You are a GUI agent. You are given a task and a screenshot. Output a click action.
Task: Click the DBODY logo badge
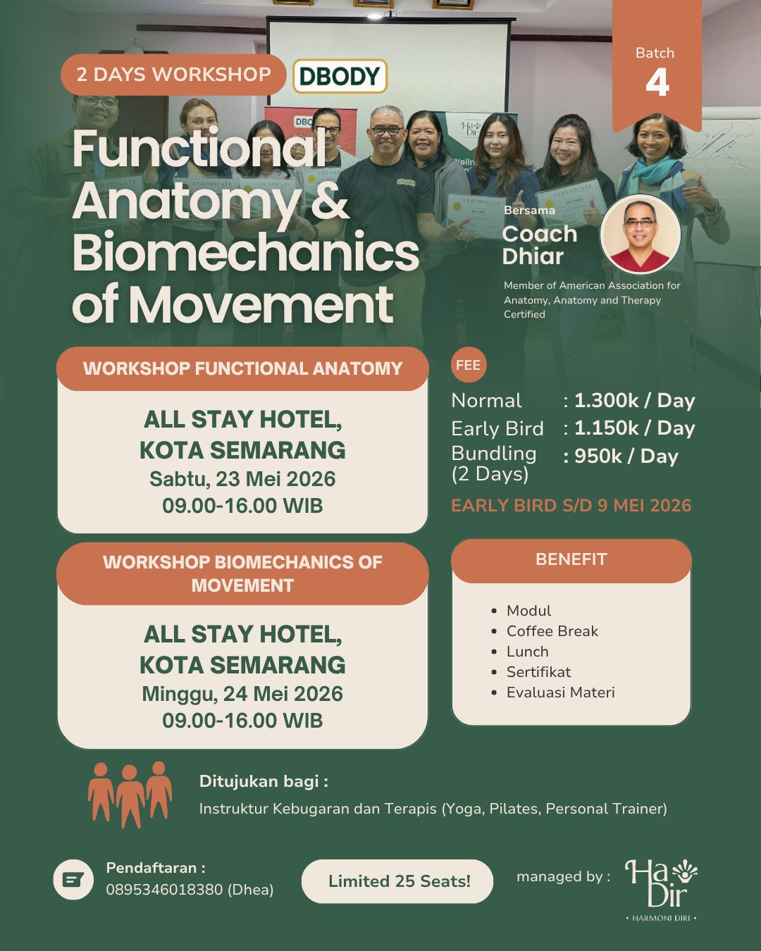click(x=340, y=76)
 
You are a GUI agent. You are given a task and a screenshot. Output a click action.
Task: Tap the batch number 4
click(x=657, y=83)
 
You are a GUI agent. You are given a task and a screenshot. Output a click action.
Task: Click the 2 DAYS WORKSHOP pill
click(x=173, y=75)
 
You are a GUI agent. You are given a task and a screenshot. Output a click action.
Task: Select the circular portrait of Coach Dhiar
click(x=640, y=235)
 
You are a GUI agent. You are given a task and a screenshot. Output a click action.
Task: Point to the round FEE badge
click(x=468, y=365)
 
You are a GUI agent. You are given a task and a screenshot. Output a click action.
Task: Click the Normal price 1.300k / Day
click(x=634, y=401)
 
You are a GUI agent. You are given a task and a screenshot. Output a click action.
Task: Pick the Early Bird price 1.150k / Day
click(x=634, y=428)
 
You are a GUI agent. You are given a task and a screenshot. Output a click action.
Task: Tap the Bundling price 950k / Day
click(x=626, y=456)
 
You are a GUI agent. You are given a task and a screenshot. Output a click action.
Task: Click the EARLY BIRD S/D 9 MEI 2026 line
click(x=571, y=506)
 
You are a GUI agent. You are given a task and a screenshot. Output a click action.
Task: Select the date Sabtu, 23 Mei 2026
click(x=242, y=479)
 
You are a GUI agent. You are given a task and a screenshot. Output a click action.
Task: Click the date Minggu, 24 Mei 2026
click(x=242, y=694)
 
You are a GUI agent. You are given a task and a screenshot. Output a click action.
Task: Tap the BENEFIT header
click(x=571, y=560)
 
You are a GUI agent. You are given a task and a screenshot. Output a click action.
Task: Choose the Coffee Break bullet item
click(x=552, y=631)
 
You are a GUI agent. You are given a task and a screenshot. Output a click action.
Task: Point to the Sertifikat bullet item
click(x=538, y=672)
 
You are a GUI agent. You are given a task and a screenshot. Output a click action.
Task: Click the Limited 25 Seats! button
click(x=398, y=881)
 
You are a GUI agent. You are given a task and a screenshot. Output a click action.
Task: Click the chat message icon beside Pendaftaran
click(x=73, y=880)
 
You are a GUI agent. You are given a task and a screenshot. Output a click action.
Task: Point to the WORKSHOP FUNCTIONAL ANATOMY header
click(x=242, y=368)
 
